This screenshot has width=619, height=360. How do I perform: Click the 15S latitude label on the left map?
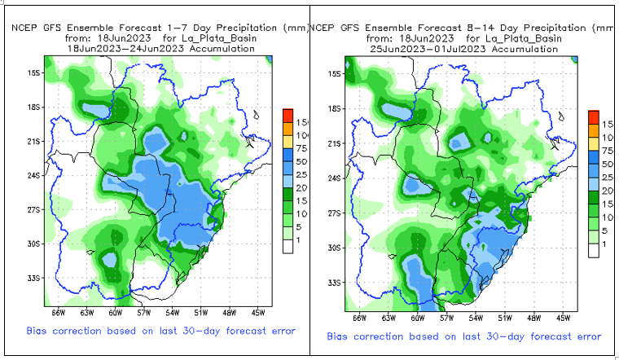(x=34, y=73)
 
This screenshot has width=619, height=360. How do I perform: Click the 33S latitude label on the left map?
(x=34, y=278)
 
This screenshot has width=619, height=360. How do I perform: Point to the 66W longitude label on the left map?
(x=58, y=312)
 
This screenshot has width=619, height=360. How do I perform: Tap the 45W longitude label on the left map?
(x=258, y=312)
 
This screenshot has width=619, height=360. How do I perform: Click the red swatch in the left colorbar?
(x=287, y=114)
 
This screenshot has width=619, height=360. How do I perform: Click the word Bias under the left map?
(x=39, y=331)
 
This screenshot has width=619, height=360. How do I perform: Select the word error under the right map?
(x=586, y=336)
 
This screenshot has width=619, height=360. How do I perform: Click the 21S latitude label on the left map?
(x=34, y=142)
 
